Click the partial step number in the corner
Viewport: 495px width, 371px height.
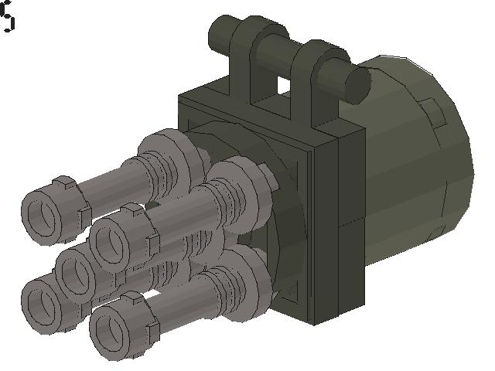click(8, 17)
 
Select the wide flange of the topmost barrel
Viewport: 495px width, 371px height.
click(169, 155)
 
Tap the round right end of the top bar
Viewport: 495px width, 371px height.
click(357, 83)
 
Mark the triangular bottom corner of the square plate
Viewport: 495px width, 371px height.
click(291, 291)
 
